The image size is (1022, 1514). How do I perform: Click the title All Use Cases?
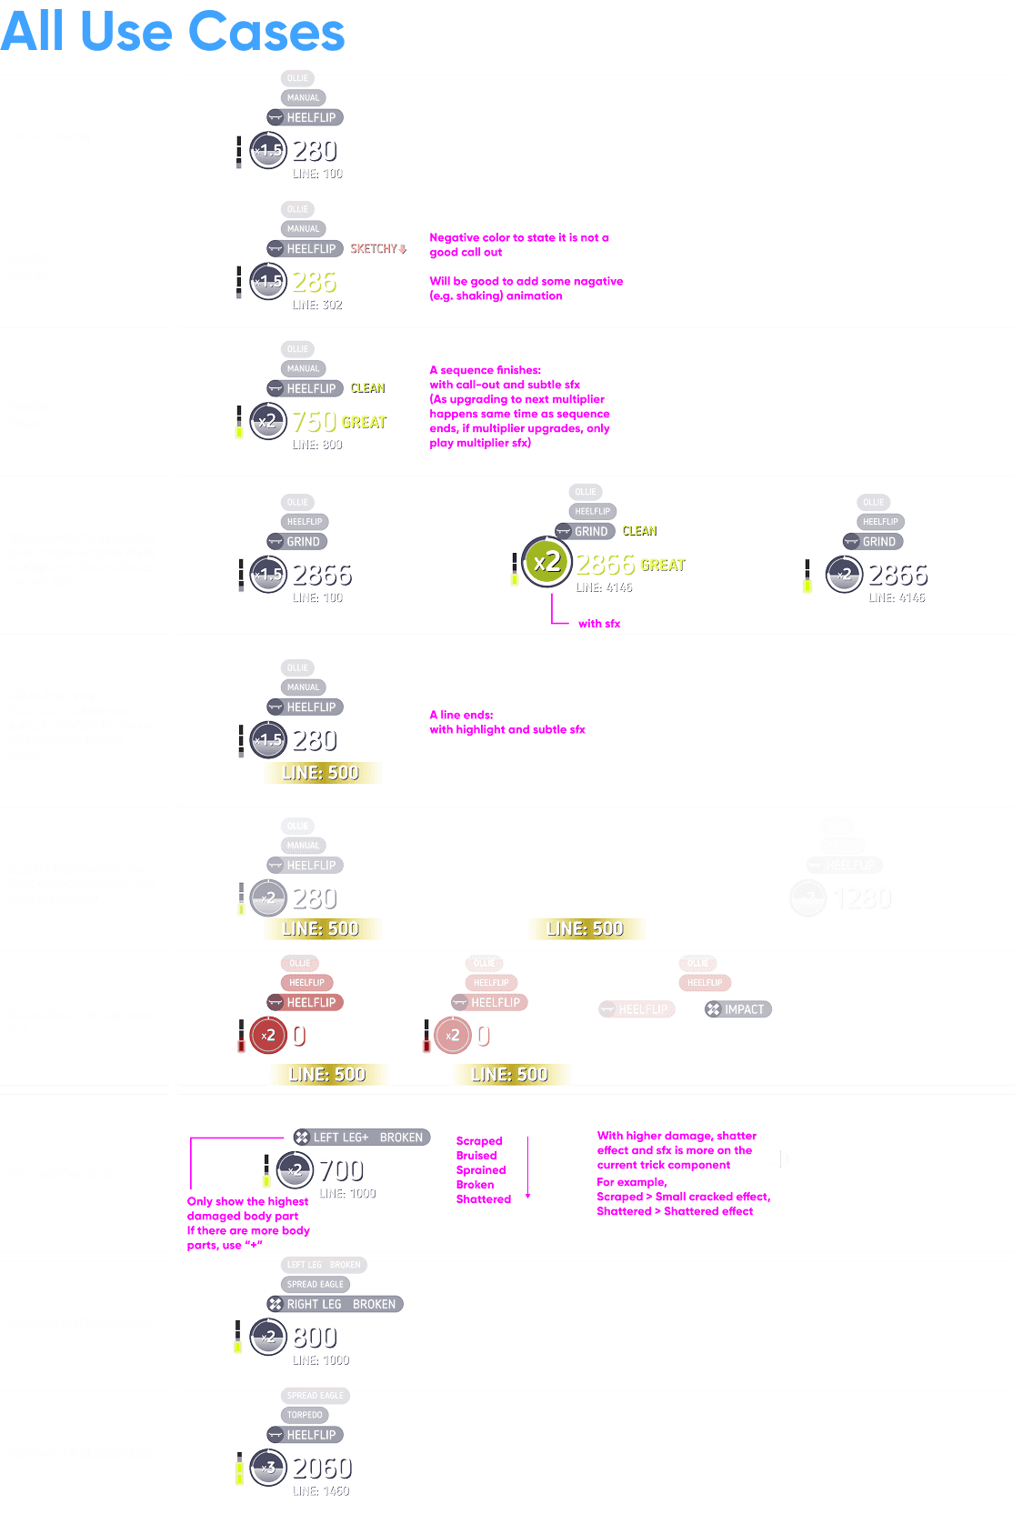[x=173, y=32]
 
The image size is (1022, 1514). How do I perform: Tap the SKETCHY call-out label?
[x=378, y=248]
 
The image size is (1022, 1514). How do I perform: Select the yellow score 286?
[x=314, y=282]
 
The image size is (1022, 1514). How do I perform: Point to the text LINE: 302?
[x=317, y=306]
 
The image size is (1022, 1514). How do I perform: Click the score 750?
[x=314, y=421]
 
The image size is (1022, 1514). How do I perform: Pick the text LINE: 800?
[x=317, y=445]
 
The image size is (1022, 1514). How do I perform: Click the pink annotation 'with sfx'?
[x=599, y=624]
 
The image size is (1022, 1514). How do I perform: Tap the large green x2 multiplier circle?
[x=546, y=563]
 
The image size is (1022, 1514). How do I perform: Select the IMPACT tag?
[x=737, y=1009]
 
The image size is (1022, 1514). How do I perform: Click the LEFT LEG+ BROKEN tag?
[x=361, y=1138]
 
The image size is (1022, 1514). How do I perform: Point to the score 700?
[x=341, y=1170]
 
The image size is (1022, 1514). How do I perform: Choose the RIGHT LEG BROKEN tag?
[x=334, y=1304]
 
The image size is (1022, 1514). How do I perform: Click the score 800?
[x=315, y=1337]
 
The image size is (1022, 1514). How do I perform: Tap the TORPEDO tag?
[x=305, y=1415]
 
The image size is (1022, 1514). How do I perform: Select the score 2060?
[x=322, y=1468]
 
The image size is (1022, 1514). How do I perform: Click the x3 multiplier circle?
[x=268, y=1468]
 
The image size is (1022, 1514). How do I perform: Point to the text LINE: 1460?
[x=321, y=1491]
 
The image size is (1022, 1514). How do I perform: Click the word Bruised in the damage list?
[x=476, y=1156]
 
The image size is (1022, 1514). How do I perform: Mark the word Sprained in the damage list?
[x=481, y=1170]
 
